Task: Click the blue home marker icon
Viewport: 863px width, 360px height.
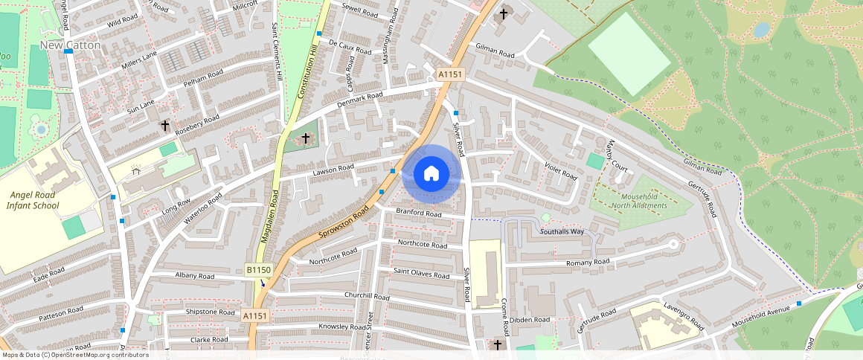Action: tap(431, 174)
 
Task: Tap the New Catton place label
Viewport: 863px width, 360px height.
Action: tap(70, 45)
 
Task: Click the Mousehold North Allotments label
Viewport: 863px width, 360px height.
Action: tap(638, 201)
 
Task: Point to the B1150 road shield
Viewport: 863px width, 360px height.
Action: tap(258, 269)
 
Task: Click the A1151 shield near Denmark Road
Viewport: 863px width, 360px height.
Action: tap(450, 74)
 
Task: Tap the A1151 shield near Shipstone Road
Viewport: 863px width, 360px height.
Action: tap(255, 316)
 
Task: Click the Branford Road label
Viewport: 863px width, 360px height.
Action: tap(419, 213)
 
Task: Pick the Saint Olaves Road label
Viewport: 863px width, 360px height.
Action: tap(421, 274)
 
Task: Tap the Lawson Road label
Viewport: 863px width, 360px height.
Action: tap(333, 170)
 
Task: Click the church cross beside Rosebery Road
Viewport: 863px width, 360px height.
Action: tap(164, 126)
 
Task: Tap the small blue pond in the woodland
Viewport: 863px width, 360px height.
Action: tap(761, 30)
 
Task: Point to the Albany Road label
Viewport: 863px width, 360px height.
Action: tap(196, 275)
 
